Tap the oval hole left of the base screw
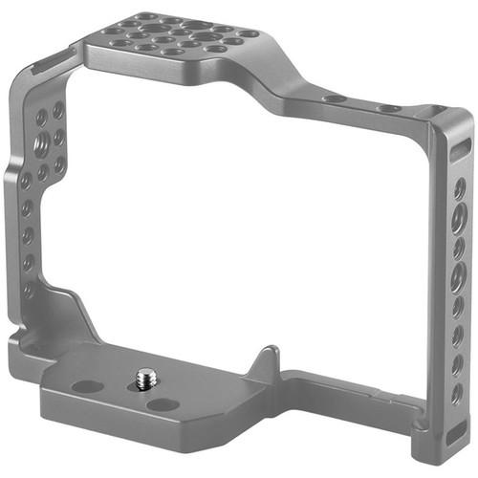pyautogui.click(x=88, y=387)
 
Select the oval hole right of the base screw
pyautogui.click(x=163, y=403)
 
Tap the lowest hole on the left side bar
pyautogui.click(x=28, y=287)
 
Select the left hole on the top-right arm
pyautogui.click(x=336, y=98)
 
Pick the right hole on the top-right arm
pyautogui.click(x=387, y=108)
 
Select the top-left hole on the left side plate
pyautogui.click(x=42, y=118)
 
